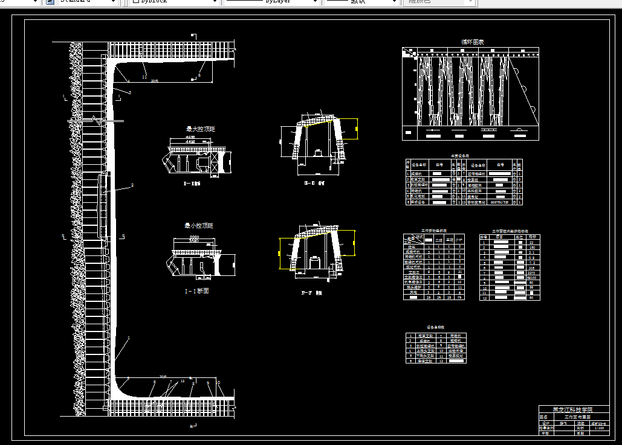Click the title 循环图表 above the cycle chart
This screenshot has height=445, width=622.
point(472,42)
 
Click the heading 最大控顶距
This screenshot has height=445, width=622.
point(200,129)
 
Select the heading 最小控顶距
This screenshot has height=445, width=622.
point(198,226)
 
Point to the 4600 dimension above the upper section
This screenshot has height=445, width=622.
point(190,138)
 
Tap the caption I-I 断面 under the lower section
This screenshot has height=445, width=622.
point(197,291)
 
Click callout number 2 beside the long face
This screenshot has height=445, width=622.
point(132,185)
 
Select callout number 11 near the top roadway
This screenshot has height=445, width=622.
point(144,77)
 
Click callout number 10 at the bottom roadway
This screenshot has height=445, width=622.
point(218,383)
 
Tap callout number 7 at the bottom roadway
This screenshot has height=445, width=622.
point(171,382)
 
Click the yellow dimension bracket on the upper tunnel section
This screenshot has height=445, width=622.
point(357,128)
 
